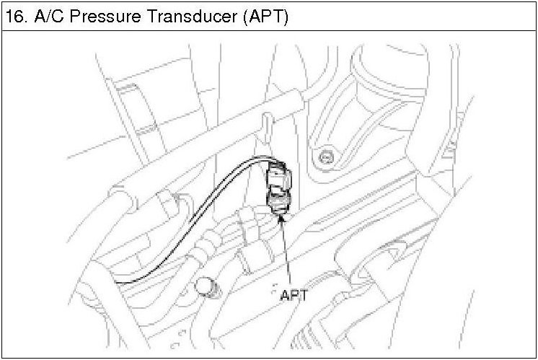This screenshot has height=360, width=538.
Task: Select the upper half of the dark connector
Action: [x=278, y=176]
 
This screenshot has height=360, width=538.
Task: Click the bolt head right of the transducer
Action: [x=327, y=155]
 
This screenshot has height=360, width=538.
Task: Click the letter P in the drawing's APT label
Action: [x=292, y=294]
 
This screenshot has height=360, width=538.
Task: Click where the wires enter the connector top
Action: [x=271, y=164]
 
